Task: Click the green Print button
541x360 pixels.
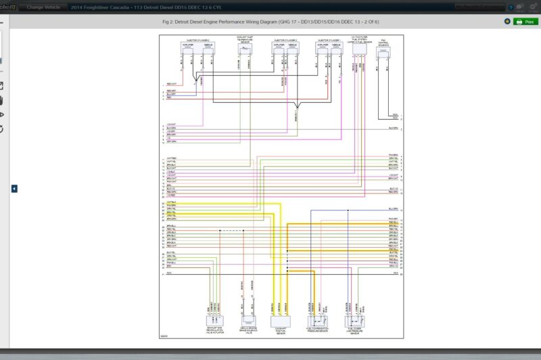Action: point(525,22)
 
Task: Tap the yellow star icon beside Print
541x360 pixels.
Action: point(507,22)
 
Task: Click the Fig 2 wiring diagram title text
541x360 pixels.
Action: point(266,22)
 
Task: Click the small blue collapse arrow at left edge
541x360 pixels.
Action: point(14,189)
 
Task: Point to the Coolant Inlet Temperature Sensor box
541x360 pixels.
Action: point(246,48)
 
